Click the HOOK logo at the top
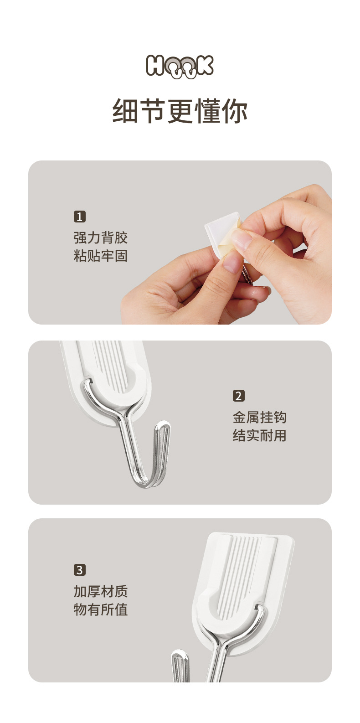pos(180,66)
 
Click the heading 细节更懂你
pos(180,111)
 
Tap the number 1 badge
pos(80,216)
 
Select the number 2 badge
pos(239,396)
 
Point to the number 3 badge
pos(80,570)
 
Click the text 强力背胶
pos(101,238)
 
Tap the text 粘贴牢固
pos(101,256)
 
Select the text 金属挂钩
pos(260,417)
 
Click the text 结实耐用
pos(260,435)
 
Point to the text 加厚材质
pos(101,591)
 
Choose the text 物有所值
pos(101,609)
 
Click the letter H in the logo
pos(155,66)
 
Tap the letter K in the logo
pos(204,66)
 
